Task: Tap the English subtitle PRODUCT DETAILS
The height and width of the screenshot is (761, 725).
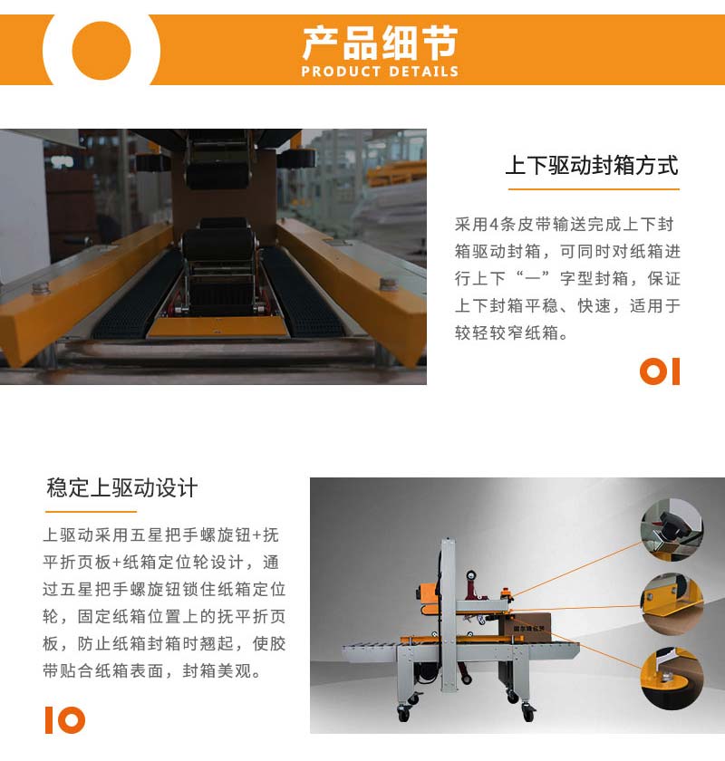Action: tap(380, 72)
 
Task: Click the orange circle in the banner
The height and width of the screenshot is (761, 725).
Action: tap(101, 51)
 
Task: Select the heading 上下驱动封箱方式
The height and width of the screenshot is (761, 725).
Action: tap(592, 166)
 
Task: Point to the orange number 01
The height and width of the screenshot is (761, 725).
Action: tap(660, 371)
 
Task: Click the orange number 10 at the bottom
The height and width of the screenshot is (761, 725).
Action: tap(65, 719)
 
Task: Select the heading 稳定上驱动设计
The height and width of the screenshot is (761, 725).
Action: tap(121, 487)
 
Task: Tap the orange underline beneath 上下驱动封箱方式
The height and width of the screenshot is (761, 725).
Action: tap(594, 188)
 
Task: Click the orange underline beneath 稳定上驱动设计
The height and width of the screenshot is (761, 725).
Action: tap(91, 511)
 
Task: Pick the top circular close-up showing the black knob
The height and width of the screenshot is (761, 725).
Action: tap(672, 530)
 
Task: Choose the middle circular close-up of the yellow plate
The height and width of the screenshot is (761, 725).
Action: tap(672, 604)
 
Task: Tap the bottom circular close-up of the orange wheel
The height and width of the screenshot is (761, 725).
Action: tap(672, 679)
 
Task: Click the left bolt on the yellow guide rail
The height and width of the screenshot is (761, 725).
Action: tap(42, 288)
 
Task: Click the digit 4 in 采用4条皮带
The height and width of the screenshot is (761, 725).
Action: tap(494, 225)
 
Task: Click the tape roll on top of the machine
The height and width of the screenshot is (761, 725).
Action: tap(471, 575)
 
